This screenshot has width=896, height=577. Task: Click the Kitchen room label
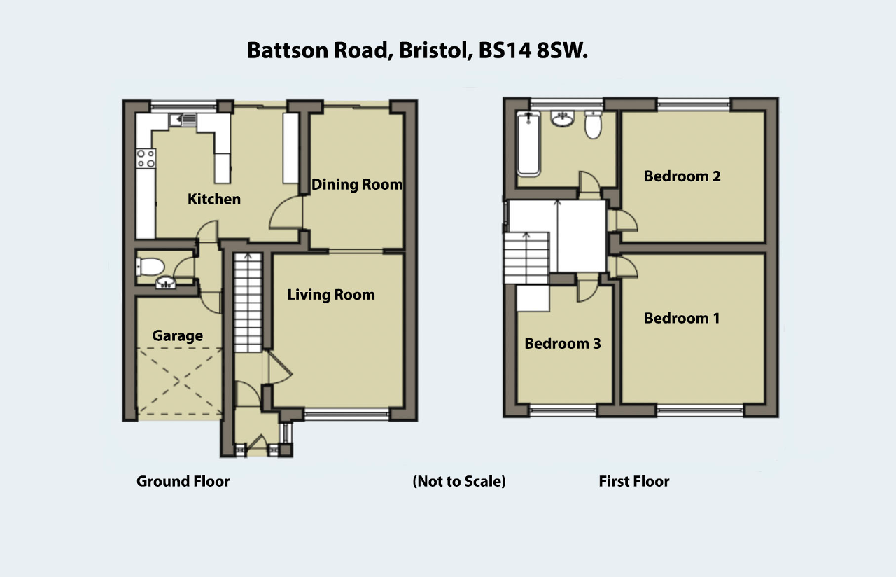[214, 199]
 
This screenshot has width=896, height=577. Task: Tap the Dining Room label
[357, 184]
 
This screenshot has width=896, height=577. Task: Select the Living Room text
[331, 295]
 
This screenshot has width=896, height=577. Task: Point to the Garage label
[177, 335]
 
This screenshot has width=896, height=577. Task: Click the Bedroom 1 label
[682, 318]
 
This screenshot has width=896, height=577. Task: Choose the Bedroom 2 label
[682, 176]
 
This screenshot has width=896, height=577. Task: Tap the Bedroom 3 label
[562, 343]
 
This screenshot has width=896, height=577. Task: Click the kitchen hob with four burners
[146, 158]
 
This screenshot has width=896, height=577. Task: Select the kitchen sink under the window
[183, 120]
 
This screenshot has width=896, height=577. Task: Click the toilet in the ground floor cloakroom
[150, 267]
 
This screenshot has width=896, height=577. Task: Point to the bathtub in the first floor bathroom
[528, 144]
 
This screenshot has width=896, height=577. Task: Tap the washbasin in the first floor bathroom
[562, 119]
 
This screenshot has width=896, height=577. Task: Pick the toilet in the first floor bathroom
[593, 125]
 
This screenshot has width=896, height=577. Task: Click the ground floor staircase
[248, 303]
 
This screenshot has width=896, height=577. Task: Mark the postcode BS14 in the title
[505, 51]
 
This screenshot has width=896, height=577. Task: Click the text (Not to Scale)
[459, 481]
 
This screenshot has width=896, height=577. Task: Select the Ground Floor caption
[183, 481]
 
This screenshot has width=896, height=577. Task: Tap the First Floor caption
[634, 481]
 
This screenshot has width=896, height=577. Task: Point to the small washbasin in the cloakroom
[165, 282]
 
